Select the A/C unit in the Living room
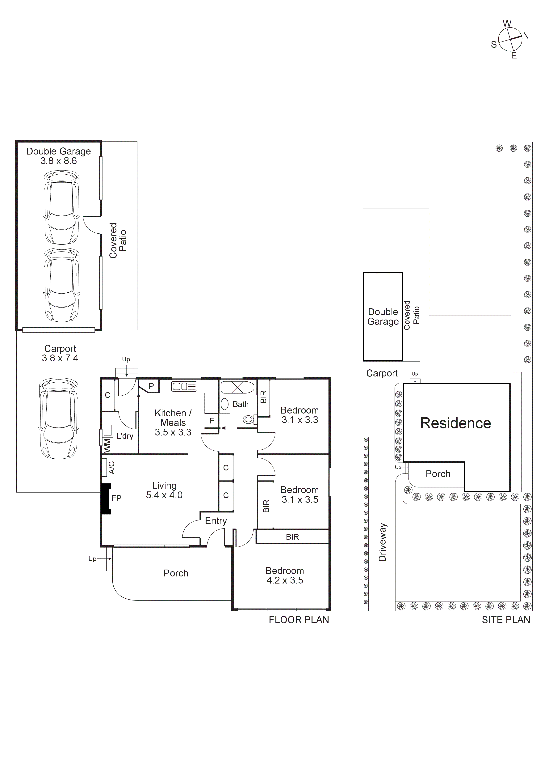[x=105, y=467]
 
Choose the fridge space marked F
[x=212, y=421]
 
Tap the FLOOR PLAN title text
[x=299, y=620]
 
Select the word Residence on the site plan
[x=455, y=423]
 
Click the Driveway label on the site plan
[x=382, y=542]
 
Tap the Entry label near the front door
[x=216, y=521]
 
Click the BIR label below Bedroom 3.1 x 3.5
[x=292, y=537]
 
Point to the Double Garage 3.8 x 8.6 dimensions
[x=59, y=161]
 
